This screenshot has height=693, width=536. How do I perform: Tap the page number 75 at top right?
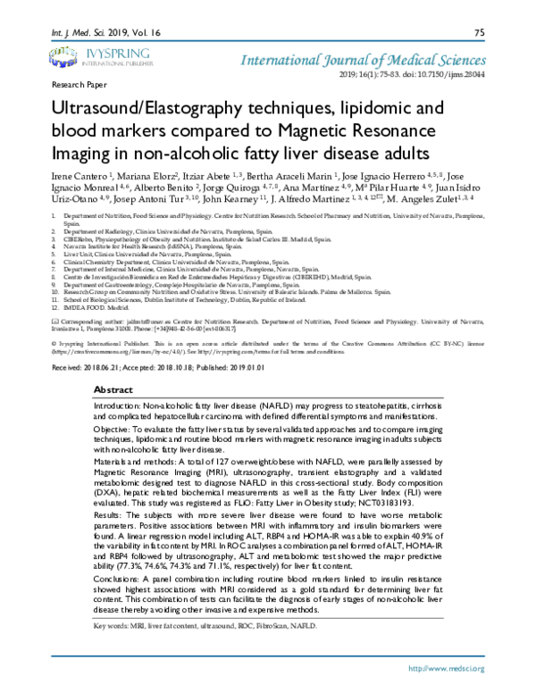(x=479, y=33)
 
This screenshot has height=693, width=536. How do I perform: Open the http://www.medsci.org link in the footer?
(x=445, y=668)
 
